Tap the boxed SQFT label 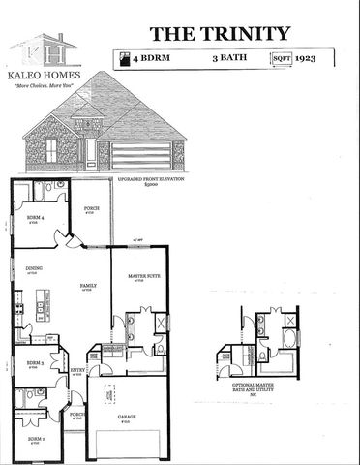(282, 59)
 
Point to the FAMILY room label (87, 286)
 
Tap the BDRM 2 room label (34, 439)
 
